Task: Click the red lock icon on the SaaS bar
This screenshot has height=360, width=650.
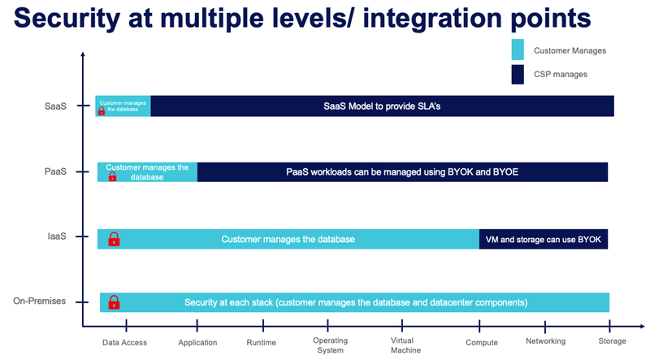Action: pos(101,111)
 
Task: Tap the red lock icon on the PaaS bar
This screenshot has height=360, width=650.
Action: pos(112,176)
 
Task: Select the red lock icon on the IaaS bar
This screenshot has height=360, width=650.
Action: pos(114,239)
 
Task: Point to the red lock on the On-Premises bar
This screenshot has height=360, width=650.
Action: pos(114,302)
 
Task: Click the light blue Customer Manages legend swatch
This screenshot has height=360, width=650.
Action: pos(518,50)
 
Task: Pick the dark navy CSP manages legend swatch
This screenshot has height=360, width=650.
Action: pos(518,74)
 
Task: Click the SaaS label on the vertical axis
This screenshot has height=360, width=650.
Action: pos(55,106)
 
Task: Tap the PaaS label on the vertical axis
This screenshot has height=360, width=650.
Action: pos(55,171)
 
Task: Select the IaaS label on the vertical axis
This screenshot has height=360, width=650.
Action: pos(57,236)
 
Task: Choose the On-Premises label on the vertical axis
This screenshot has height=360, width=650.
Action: pos(39,301)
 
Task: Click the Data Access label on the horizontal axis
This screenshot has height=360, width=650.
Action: pos(125,343)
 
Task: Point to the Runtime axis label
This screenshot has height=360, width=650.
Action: pos(261,343)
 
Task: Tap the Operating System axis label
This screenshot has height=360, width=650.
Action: pos(331,345)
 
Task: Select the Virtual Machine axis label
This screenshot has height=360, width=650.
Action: pos(405,345)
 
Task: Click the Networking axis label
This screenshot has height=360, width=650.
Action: pos(545,341)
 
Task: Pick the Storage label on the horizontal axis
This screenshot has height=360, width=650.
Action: pos(613,341)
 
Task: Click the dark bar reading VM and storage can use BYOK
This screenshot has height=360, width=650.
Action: pos(544,239)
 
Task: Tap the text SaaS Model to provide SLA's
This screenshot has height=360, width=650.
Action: pos(382,106)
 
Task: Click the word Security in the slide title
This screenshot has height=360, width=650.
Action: pos(67,19)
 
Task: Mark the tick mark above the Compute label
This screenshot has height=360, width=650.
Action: pos(479,326)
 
